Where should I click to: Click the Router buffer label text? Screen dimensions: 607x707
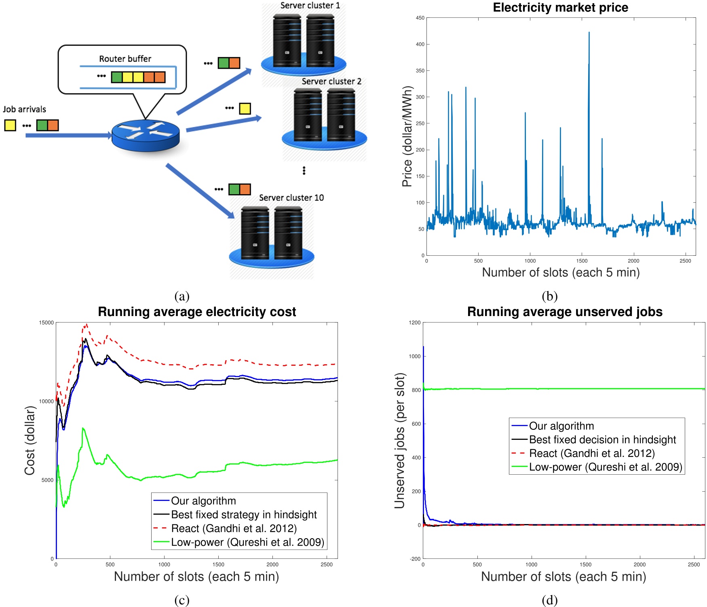tap(125, 59)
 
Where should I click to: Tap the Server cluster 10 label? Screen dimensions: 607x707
tap(291, 197)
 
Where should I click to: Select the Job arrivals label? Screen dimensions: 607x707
tap(24, 109)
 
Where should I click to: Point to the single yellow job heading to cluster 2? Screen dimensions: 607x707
tap(245, 108)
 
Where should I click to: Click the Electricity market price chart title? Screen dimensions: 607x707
tap(560, 7)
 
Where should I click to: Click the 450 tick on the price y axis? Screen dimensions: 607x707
tap(420, 18)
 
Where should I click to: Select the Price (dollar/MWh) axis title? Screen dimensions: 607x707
tap(407, 136)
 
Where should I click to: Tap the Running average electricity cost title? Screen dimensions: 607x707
tap(197, 312)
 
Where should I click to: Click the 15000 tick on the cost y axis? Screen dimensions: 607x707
tap(46, 323)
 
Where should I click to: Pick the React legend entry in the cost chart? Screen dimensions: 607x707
tap(233, 528)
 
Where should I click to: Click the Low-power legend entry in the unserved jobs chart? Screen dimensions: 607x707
tap(605, 467)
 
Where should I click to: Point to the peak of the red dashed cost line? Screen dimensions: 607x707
tap(86, 325)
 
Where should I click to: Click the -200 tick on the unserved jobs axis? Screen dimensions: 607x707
tap(415, 559)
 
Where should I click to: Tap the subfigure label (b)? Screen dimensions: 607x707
tap(549, 296)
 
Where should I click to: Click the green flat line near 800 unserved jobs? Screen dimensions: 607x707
tap(566, 388)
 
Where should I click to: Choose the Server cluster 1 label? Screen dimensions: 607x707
tap(310, 5)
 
